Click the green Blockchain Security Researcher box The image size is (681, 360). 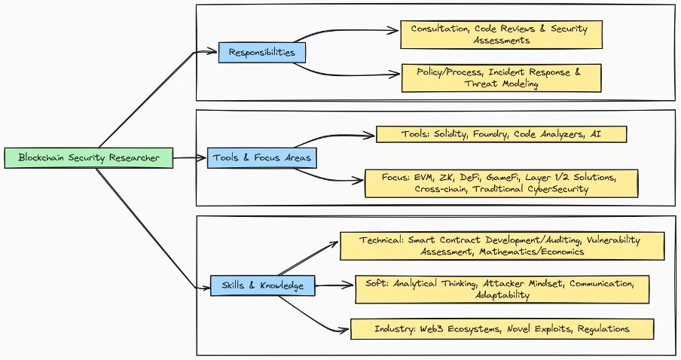pyautogui.click(x=88, y=158)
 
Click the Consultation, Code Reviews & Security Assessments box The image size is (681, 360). pyautogui.click(x=501, y=34)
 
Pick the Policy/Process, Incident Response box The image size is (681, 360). pyautogui.click(x=501, y=78)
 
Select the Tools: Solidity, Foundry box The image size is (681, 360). pyautogui.click(x=501, y=135)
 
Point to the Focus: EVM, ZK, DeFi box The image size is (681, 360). pyautogui.click(x=501, y=183)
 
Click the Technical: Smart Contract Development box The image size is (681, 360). pyautogui.click(x=502, y=246)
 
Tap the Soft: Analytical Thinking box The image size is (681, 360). pyautogui.click(x=502, y=289)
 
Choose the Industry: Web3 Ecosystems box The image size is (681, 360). pyautogui.click(x=502, y=329)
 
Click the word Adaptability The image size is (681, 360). pyautogui.click(x=502, y=295)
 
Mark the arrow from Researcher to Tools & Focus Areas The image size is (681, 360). pyautogui.click(x=191, y=158)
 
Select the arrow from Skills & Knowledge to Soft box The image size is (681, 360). pyautogui.click(x=335, y=285)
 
